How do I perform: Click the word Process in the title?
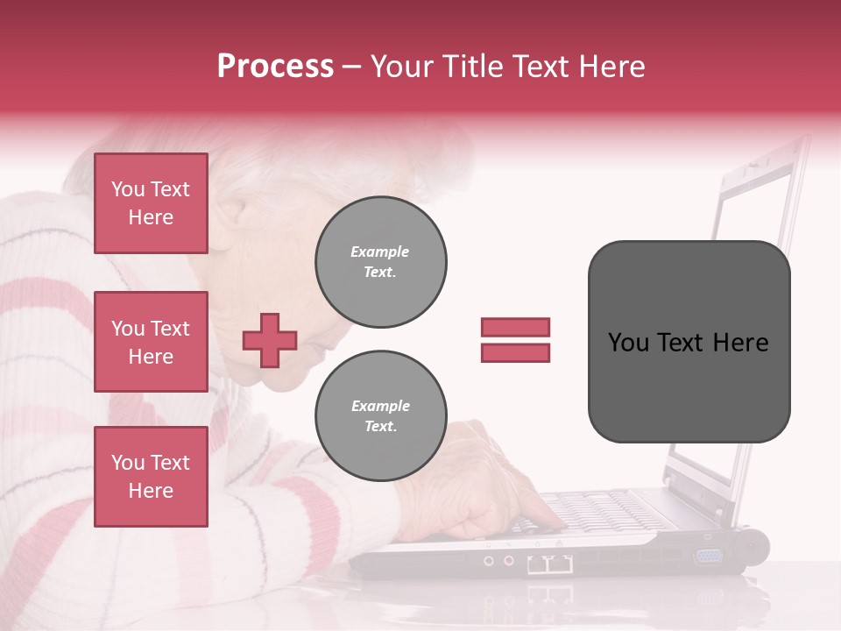click(x=275, y=67)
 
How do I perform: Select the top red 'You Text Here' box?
click(x=151, y=203)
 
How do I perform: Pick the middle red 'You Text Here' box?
click(x=151, y=342)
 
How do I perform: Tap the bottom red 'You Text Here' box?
click(x=151, y=477)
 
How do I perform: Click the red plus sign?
click(x=270, y=340)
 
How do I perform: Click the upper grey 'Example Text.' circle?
click(x=381, y=262)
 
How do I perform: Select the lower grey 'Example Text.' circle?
click(x=381, y=416)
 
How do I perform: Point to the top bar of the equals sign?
click(x=515, y=327)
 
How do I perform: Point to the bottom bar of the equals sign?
click(x=515, y=352)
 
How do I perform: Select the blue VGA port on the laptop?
click(x=708, y=556)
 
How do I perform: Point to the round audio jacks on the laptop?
click(x=498, y=560)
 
